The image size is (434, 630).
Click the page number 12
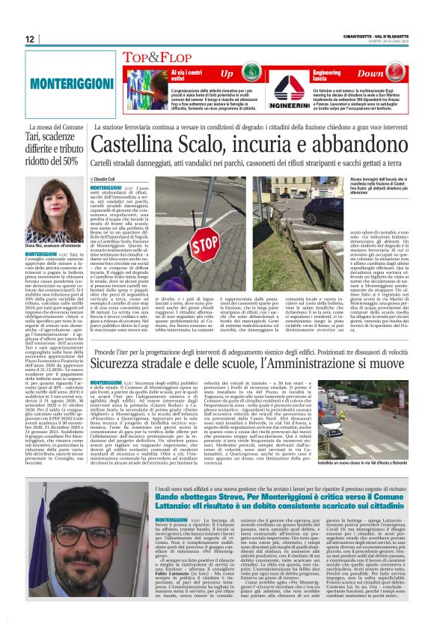point(29,39)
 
